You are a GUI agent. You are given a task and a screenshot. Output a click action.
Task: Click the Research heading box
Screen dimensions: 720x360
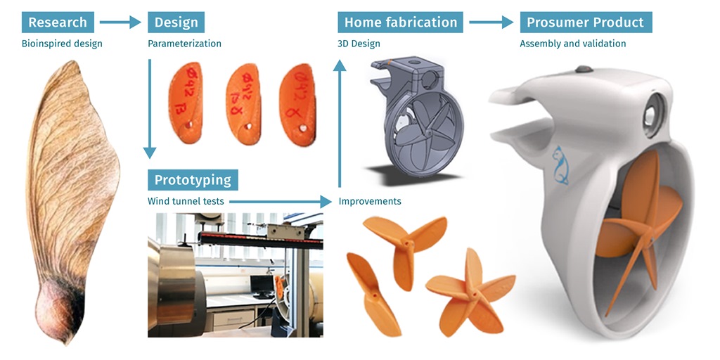tap(58, 22)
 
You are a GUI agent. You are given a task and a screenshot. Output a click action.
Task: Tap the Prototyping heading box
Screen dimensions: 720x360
tap(193, 179)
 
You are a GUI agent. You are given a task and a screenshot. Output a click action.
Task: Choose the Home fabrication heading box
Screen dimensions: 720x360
tap(401, 22)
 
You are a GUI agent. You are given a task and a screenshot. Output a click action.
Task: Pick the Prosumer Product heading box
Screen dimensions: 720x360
tap(586, 22)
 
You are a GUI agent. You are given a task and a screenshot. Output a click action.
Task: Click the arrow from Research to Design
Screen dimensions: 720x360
tap(120, 22)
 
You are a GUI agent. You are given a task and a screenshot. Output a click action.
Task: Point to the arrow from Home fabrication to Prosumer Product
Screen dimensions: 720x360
tap(491, 22)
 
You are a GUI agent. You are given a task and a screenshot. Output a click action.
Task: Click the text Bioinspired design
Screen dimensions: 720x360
tap(62, 44)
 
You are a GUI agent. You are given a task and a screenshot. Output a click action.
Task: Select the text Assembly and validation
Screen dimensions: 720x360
tap(572, 44)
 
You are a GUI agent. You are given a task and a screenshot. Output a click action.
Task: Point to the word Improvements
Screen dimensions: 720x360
tap(370, 202)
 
